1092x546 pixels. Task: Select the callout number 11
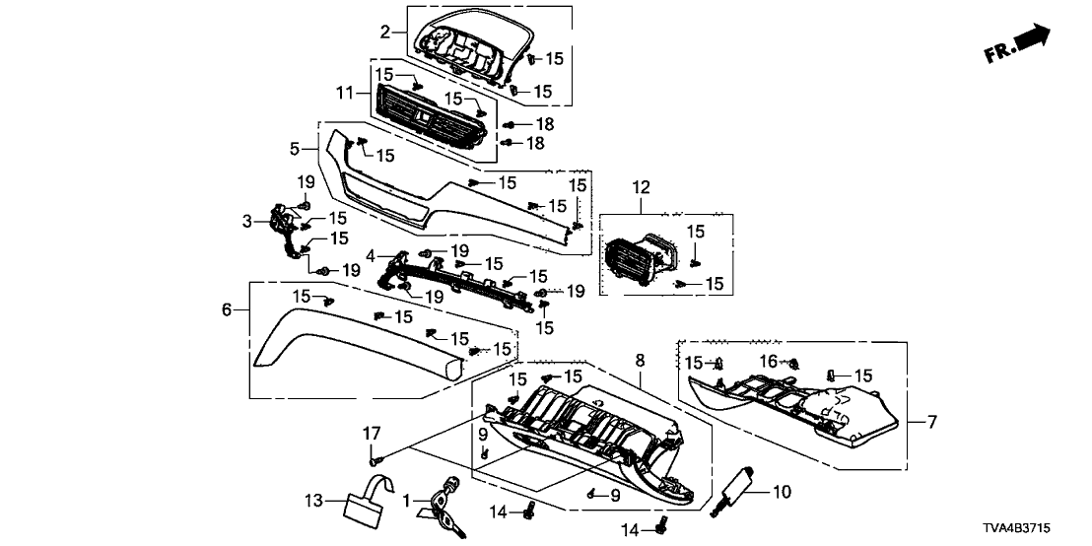[x=344, y=93]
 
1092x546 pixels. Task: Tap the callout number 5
[x=295, y=149]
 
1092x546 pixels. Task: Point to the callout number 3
[x=247, y=224]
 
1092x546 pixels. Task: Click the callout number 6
[x=227, y=309]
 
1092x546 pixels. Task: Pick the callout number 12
[x=642, y=187]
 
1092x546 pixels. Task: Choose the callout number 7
[x=932, y=422]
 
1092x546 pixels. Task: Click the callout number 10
[x=783, y=490]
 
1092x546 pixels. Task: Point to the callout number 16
[x=768, y=363]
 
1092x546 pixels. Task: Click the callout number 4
[x=371, y=255]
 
